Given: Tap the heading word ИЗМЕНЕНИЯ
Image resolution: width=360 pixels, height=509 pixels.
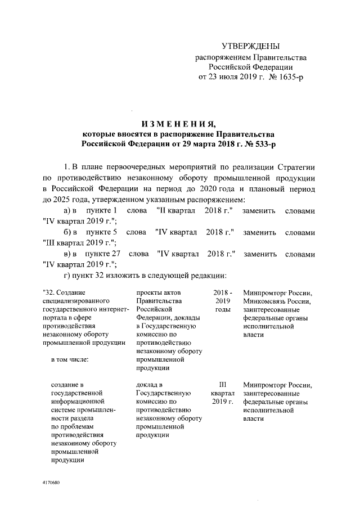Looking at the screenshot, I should [179, 124].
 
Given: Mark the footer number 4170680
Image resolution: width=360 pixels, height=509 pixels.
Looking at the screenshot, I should [51, 483].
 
